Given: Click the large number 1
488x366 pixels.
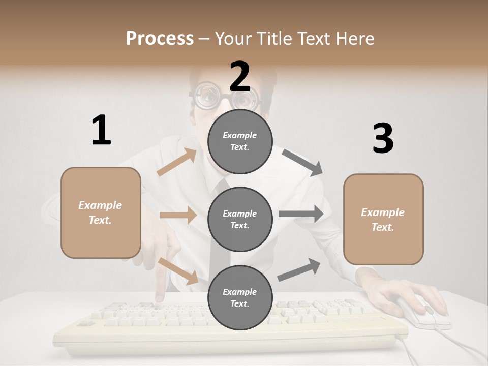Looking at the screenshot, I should (x=101, y=130).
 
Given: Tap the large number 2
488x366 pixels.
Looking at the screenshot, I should (x=240, y=76).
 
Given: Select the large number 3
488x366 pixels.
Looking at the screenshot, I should (x=383, y=138).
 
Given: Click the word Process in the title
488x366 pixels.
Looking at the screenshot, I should (x=160, y=38).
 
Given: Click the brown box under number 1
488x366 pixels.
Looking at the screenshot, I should (x=101, y=212).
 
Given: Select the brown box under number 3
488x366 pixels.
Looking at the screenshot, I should (x=383, y=219).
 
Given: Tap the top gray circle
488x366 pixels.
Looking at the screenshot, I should (x=240, y=141).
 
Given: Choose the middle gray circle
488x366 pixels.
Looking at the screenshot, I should (x=240, y=219).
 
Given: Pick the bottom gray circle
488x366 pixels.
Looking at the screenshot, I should (x=240, y=297).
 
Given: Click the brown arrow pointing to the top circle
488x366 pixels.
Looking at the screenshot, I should (x=177, y=162).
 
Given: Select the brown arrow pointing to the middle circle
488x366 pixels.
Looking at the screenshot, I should (x=178, y=215).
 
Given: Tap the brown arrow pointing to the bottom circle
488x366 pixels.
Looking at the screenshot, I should (x=178, y=270).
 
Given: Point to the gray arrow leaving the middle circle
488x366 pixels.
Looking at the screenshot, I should (x=301, y=214).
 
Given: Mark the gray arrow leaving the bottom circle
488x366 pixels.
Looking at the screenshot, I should (x=299, y=270).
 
